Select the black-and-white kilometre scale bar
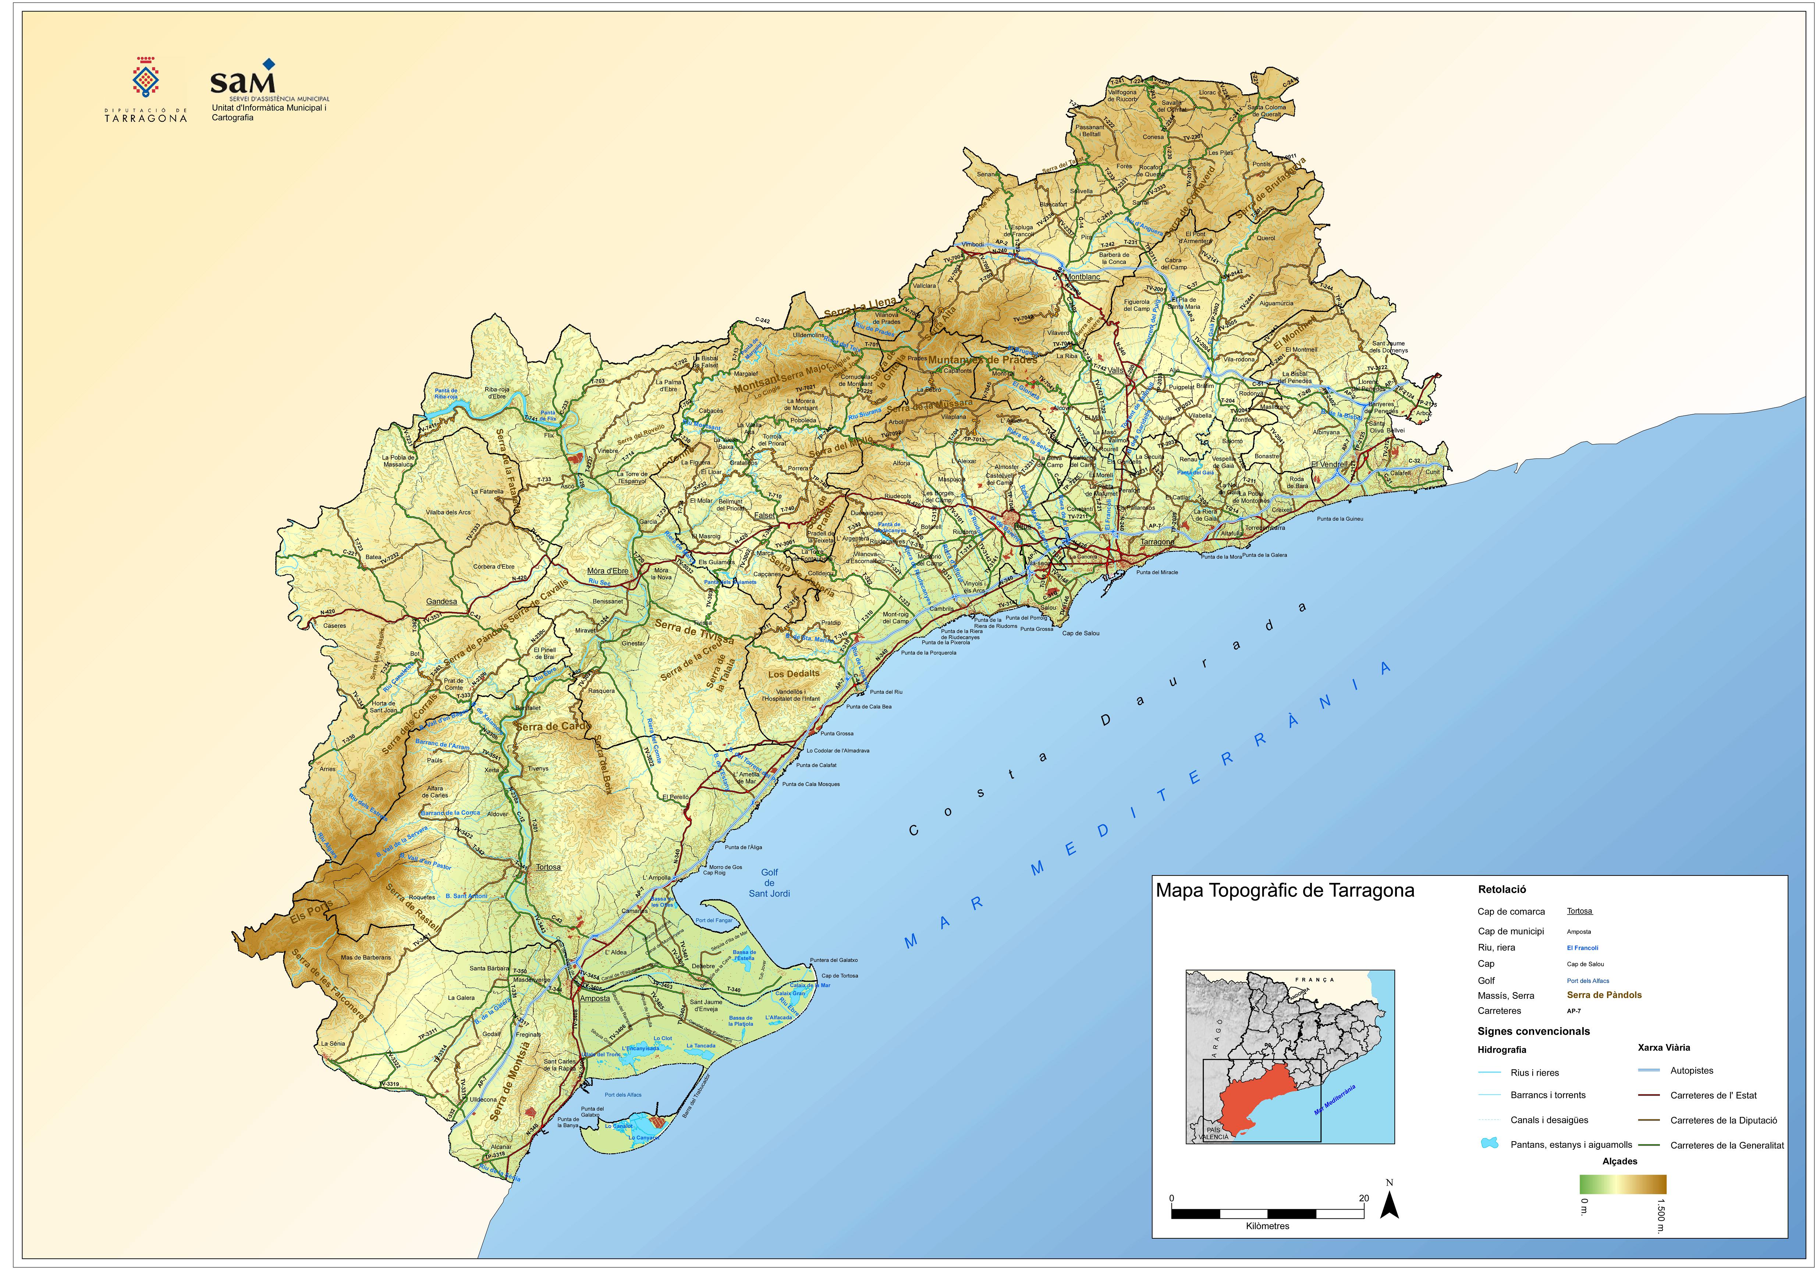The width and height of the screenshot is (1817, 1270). click(x=1267, y=1213)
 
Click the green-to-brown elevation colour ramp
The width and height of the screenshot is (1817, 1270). click(x=1622, y=1184)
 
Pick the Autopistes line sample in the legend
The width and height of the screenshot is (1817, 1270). click(x=1649, y=1071)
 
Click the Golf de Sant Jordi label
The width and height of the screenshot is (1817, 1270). click(x=769, y=883)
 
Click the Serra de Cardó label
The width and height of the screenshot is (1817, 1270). click(x=551, y=727)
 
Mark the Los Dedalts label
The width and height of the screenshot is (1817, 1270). click(x=794, y=674)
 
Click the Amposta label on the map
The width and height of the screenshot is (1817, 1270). click(x=595, y=998)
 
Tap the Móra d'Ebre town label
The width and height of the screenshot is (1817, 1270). click(x=608, y=571)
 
